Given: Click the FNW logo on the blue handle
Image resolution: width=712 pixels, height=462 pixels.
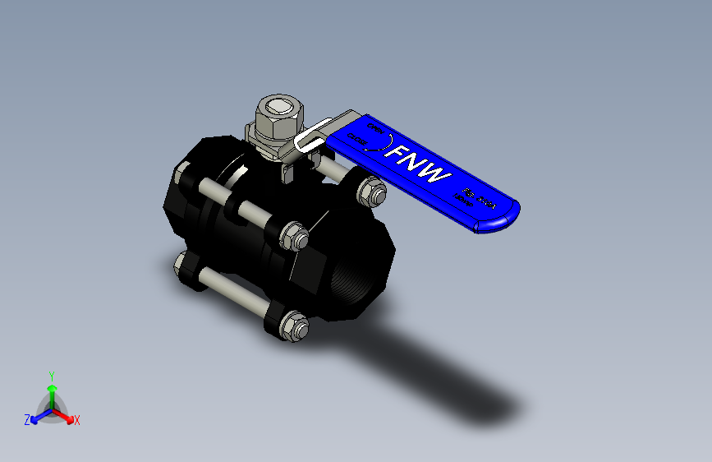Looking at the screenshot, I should [x=420, y=164].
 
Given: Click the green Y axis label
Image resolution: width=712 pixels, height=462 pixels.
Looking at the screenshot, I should [x=51, y=374].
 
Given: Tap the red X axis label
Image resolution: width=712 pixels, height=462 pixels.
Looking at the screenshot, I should [x=77, y=420].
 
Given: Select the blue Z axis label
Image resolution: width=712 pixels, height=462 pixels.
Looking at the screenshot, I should [x=27, y=419].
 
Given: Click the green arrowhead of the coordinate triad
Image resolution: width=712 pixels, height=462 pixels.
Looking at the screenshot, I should [x=52, y=388].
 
